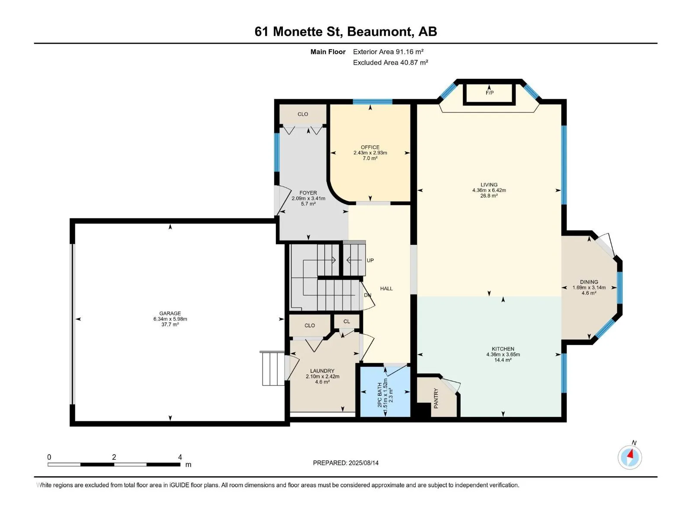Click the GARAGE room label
tap(170, 313)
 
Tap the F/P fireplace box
tap(489, 94)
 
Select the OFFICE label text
tap(370, 147)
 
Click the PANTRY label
tap(436, 398)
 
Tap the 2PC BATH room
tap(385, 391)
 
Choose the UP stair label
tap(370, 260)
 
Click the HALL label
tap(386, 288)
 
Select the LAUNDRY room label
tap(322, 371)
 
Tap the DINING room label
tap(589, 282)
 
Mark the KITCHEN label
tap(503, 349)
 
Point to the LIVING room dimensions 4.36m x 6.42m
tap(489, 190)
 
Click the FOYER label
tap(308, 193)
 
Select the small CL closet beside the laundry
tap(347, 321)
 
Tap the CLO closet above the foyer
tap(303, 114)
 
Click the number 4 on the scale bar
tap(180, 457)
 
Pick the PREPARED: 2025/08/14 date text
tap(346, 463)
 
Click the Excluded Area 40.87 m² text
tap(390, 62)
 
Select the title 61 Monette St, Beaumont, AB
tap(346, 32)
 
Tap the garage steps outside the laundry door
tap(273, 368)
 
